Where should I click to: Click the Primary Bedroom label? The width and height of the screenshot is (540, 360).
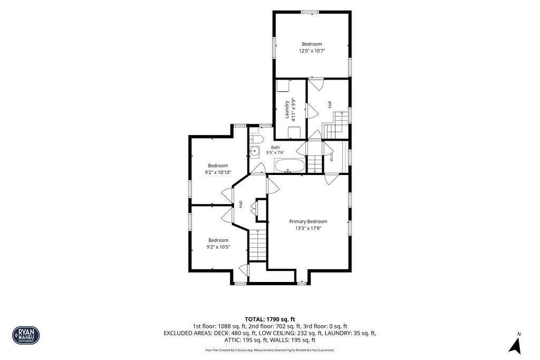[308, 221]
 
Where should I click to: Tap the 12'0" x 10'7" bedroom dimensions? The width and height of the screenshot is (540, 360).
[312, 51]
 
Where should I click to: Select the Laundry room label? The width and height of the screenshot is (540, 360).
[286, 110]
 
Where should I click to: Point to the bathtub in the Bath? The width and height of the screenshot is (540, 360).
[290, 166]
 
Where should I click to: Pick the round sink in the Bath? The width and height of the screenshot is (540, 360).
[255, 151]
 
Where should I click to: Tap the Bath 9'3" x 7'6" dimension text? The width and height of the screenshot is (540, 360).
[275, 152]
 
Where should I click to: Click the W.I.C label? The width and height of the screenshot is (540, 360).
[332, 157]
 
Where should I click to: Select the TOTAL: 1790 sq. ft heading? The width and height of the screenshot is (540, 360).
[269, 319]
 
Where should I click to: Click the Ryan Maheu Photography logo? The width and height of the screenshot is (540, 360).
[26, 335]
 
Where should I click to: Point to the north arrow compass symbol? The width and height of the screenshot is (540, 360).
[516, 345]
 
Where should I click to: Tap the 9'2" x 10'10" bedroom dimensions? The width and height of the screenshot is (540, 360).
[218, 172]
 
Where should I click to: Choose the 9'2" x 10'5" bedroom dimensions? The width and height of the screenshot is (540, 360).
[218, 247]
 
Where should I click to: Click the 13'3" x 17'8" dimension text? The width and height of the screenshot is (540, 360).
[308, 228]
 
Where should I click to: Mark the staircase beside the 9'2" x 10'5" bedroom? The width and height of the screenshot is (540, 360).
[257, 245]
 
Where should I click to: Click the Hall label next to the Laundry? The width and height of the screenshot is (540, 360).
[330, 104]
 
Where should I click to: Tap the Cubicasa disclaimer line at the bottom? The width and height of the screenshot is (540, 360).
[269, 350]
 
